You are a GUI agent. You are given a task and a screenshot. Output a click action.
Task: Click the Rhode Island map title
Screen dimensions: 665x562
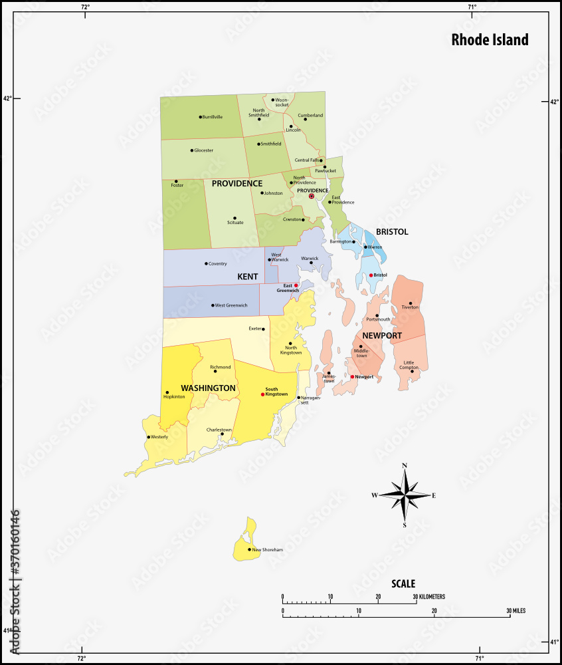pyautogui.click(x=490, y=39)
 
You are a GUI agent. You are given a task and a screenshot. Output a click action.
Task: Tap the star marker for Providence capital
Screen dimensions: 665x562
pyautogui.click(x=312, y=196)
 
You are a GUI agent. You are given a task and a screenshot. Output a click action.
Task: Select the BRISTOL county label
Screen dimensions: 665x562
pyautogui.click(x=392, y=232)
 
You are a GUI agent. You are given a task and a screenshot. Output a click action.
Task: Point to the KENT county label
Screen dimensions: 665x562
pyautogui.click(x=248, y=275)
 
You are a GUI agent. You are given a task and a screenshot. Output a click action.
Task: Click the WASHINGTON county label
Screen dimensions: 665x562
pyautogui.click(x=208, y=388)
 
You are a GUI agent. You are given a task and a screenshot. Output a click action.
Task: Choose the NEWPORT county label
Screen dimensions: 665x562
pyautogui.click(x=382, y=336)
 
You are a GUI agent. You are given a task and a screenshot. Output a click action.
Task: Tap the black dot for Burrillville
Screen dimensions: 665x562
pyautogui.click(x=200, y=117)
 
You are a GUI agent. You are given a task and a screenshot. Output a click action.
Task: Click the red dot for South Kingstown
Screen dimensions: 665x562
pyautogui.click(x=263, y=394)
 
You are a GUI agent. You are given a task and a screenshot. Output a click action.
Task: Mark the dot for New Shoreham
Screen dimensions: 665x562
pyautogui.click(x=250, y=549)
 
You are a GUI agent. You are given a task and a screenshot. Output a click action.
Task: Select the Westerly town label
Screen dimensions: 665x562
pyautogui.click(x=159, y=437)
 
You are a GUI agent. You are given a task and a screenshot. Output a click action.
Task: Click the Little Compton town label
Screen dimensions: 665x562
pyautogui.click(x=409, y=365)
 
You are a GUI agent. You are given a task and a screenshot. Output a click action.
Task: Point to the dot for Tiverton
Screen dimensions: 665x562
pyautogui.click(x=411, y=303)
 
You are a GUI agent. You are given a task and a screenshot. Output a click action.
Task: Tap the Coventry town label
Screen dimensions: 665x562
pyautogui.click(x=218, y=264)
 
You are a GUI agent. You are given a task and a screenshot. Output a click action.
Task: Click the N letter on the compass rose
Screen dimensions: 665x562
pyautogui.click(x=405, y=465)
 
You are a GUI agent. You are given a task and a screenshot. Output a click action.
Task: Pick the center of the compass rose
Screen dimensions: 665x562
pyautogui.click(x=405, y=494)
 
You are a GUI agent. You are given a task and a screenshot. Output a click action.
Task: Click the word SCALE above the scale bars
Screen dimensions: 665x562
pyautogui.click(x=403, y=584)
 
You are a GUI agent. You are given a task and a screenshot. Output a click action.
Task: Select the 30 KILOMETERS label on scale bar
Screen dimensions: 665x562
pyautogui.click(x=429, y=597)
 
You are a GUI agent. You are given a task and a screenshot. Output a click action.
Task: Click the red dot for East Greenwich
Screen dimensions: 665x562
pyautogui.click(x=296, y=285)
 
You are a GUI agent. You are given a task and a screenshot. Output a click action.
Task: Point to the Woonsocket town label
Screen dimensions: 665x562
pyautogui.click(x=282, y=102)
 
